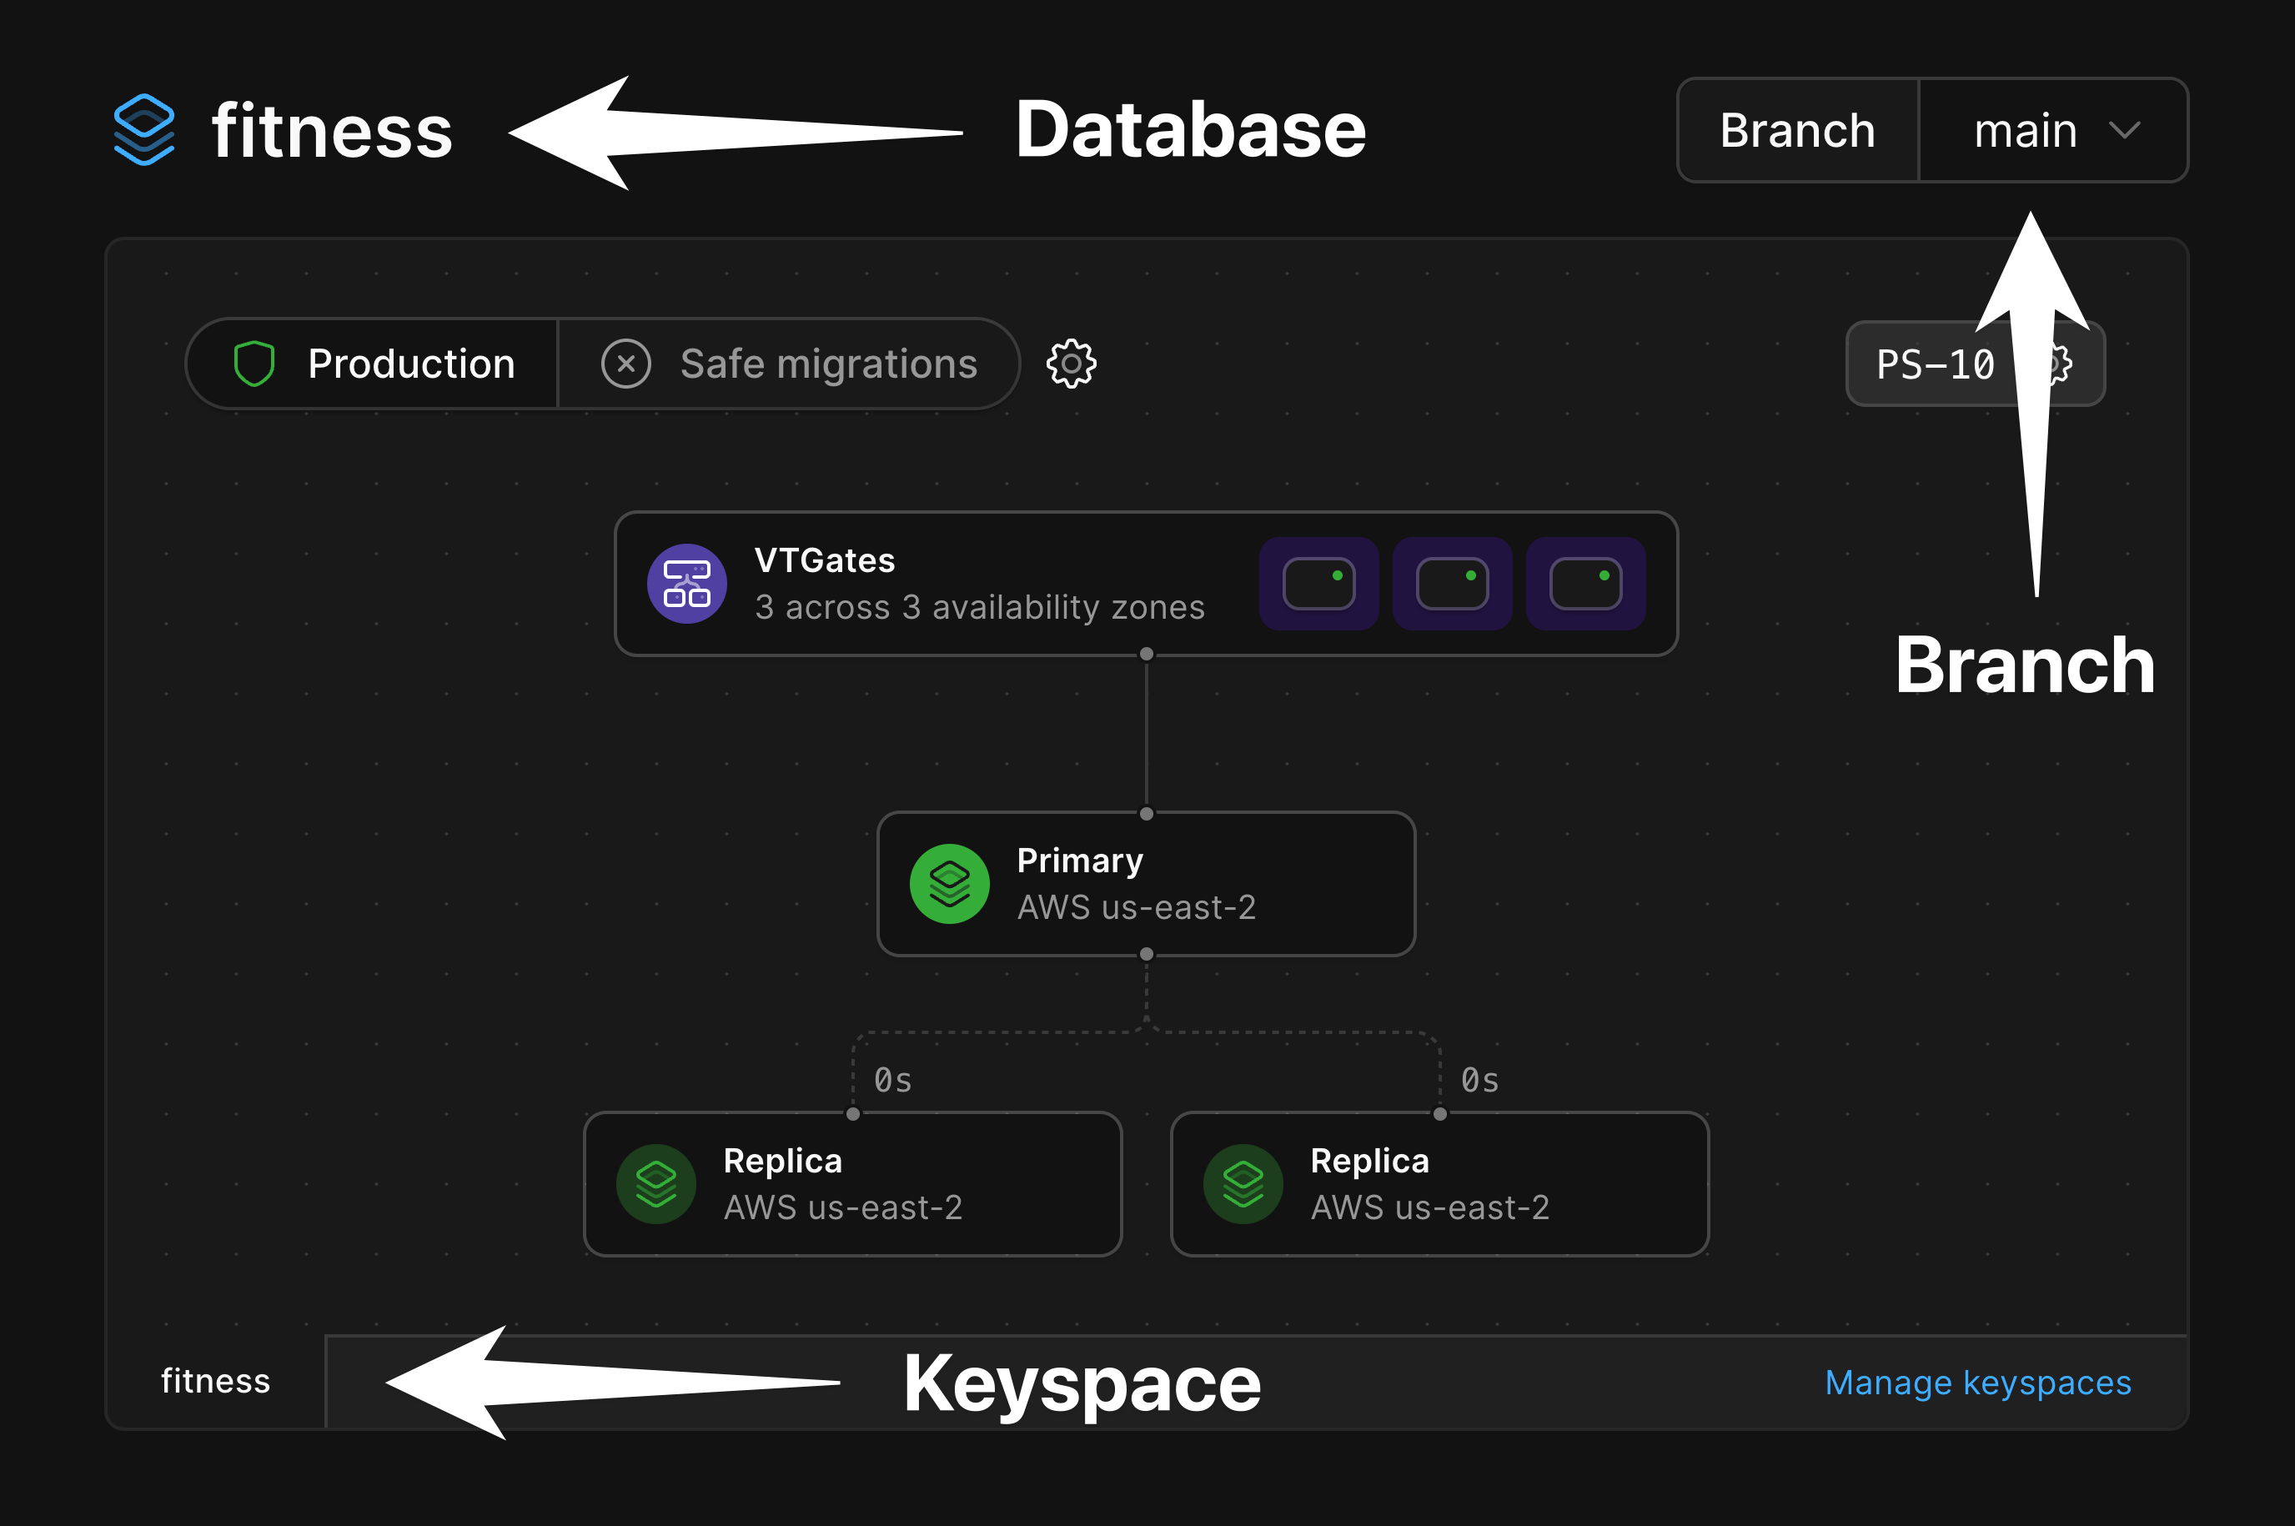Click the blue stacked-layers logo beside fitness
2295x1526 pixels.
[144, 129]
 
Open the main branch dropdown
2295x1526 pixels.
[2051, 130]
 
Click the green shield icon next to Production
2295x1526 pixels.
[254, 363]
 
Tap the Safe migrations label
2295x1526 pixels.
[828, 364]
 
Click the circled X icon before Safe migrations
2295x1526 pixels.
[625, 364]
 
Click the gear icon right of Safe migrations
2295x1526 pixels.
[1071, 364]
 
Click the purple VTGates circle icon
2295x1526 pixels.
[687, 584]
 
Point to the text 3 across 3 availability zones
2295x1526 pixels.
[979, 607]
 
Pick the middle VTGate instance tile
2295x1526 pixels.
[1452, 584]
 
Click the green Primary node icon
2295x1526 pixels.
[950, 884]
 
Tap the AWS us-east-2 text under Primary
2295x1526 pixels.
[1136, 907]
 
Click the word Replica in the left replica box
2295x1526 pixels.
[782, 1161]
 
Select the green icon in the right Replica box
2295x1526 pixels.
[1243, 1183]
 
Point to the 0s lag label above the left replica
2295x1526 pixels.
[892, 1080]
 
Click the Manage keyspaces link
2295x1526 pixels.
[1978, 1382]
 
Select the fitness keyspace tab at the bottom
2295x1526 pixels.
[216, 1381]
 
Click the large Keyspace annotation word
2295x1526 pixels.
[1082, 1383]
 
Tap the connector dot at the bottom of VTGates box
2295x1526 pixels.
[1147, 654]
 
